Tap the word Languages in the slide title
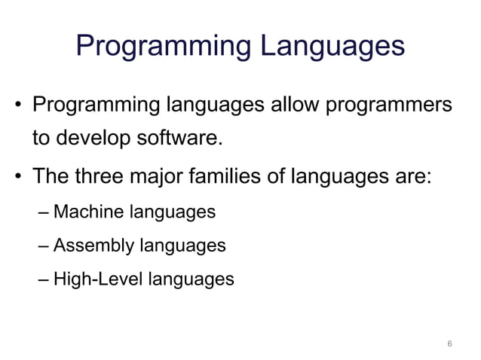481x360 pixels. pyautogui.click(x=332, y=47)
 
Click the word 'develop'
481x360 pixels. pyautogui.click(x=93, y=139)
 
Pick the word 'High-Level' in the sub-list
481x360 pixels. pyautogui.click(x=93, y=279)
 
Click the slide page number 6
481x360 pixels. pyautogui.click(x=449, y=344)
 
